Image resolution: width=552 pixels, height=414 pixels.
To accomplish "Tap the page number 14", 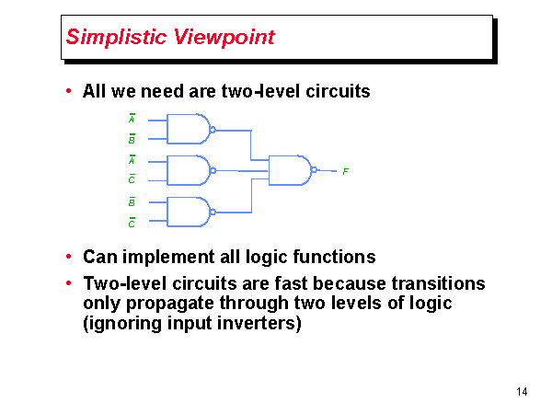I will point(522,393).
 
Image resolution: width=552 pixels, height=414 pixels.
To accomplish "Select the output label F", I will point(345,172).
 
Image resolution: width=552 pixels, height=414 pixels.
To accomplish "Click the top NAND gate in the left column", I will point(189,130).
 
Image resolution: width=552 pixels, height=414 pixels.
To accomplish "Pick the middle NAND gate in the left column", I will point(189,170).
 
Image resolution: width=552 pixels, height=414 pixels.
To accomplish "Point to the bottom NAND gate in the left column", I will point(189,212).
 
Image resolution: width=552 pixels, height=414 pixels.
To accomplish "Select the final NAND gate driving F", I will point(290,170).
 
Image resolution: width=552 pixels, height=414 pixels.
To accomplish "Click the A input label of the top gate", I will point(132,120).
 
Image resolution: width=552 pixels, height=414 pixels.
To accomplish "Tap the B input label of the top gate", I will point(132,140).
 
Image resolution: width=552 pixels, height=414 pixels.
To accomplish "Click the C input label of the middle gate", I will point(132,180).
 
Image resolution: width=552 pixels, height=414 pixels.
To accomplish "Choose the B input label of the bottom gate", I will point(132,201).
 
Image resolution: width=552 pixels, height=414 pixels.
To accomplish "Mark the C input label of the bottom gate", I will point(132,222).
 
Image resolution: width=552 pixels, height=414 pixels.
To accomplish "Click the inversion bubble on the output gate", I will point(314,170).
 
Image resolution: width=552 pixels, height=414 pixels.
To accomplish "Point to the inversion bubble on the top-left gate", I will point(213,130).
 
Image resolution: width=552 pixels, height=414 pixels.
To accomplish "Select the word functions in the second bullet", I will point(337,257).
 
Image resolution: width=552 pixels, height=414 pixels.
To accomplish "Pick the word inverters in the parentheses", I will point(259,324).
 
